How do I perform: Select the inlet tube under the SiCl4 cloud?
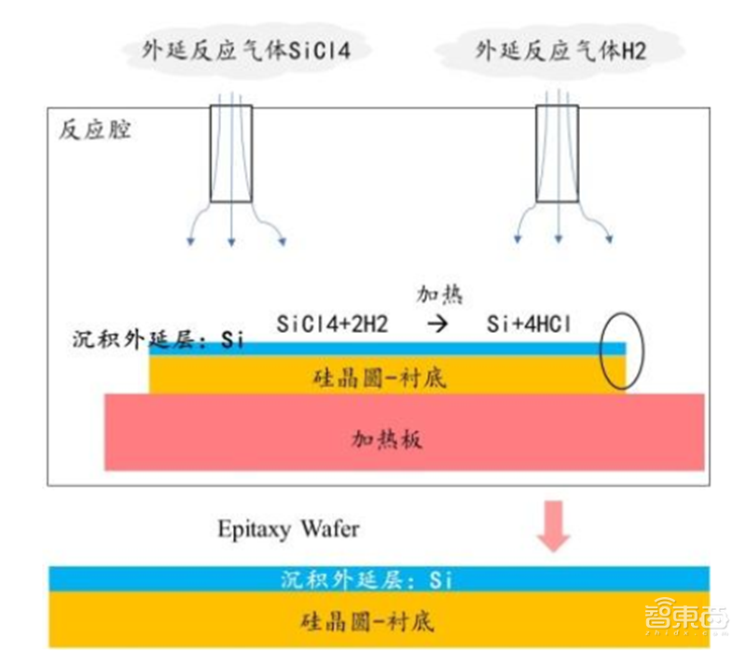[230, 154]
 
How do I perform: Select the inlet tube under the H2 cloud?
[557, 154]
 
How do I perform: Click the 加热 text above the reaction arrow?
[439, 295]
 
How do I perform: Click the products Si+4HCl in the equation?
[528, 324]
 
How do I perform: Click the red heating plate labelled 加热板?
[404, 436]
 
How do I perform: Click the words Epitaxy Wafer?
[288, 530]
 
